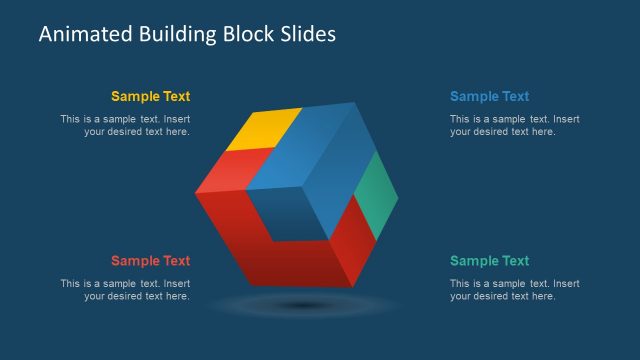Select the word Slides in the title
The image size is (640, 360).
coord(308,34)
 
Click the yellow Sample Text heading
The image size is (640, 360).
coord(150,97)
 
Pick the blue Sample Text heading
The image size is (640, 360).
coord(489,97)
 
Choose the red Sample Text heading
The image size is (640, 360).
coord(150,261)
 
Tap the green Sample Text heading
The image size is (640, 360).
coord(489,261)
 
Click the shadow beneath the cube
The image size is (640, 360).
coord(301,304)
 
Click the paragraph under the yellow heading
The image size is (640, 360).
coord(125,125)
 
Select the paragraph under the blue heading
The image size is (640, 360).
coord(514,125)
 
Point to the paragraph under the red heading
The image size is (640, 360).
coord(125,289)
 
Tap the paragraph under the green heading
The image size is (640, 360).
coord(514,289)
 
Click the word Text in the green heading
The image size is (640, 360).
coord(514,261)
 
